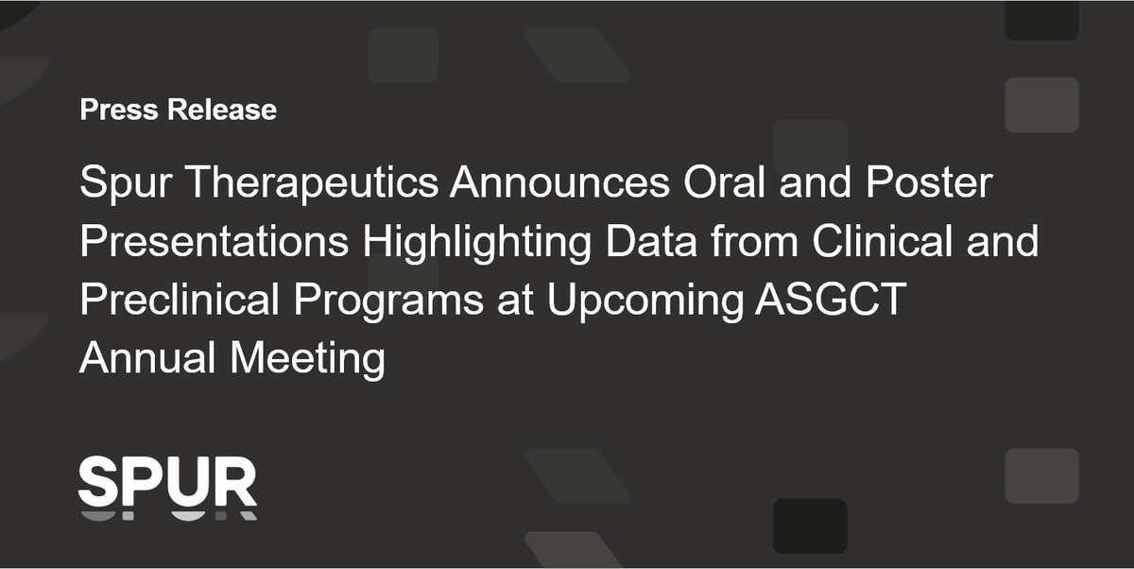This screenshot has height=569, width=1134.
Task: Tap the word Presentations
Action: pos(214,242)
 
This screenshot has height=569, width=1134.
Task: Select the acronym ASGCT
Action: pos(831,301)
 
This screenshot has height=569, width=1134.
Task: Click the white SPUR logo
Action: pos(167,484)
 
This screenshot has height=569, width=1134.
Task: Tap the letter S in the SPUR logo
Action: pos(96,482)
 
